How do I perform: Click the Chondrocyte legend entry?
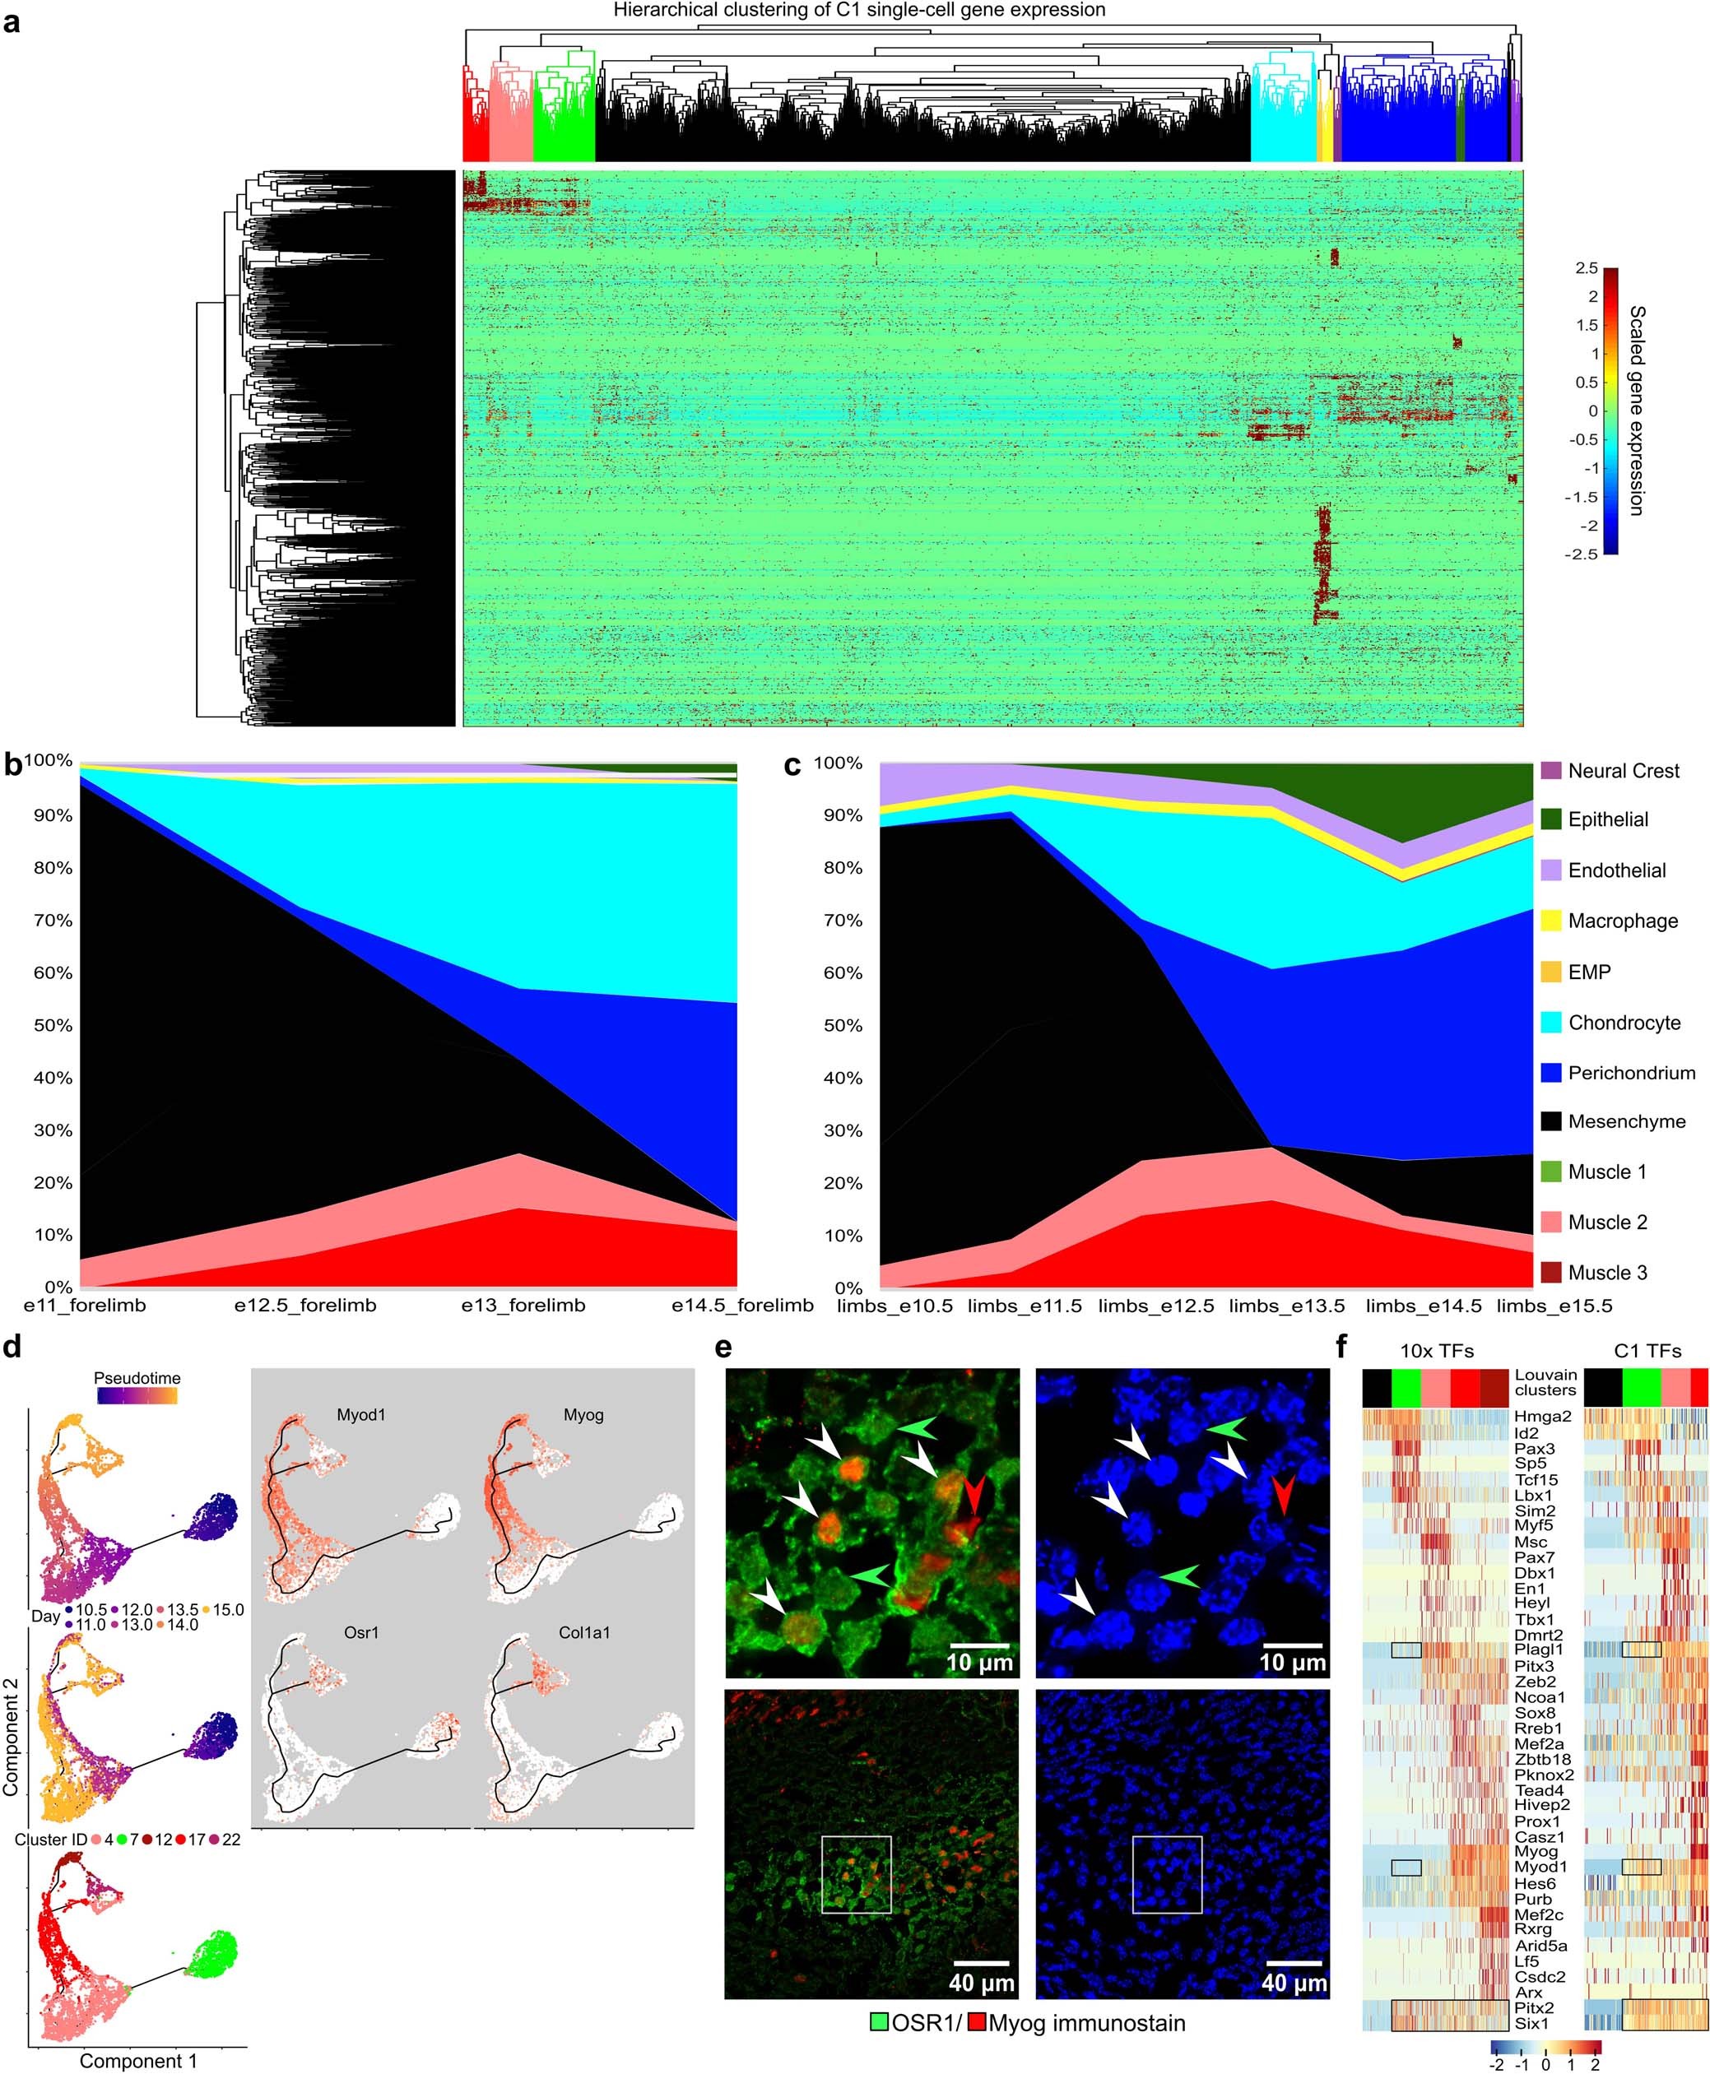(1624, 1023)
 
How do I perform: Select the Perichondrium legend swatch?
(1551, 1073)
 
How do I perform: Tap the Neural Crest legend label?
(1624, 771)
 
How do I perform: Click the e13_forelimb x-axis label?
(523, 1306)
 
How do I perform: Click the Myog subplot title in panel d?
(583, 1415)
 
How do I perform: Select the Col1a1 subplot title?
(584, 1633)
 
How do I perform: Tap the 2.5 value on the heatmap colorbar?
(1586, 268)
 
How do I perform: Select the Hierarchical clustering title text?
(859, 11)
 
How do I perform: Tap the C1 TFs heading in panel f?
(1646, 1351)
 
